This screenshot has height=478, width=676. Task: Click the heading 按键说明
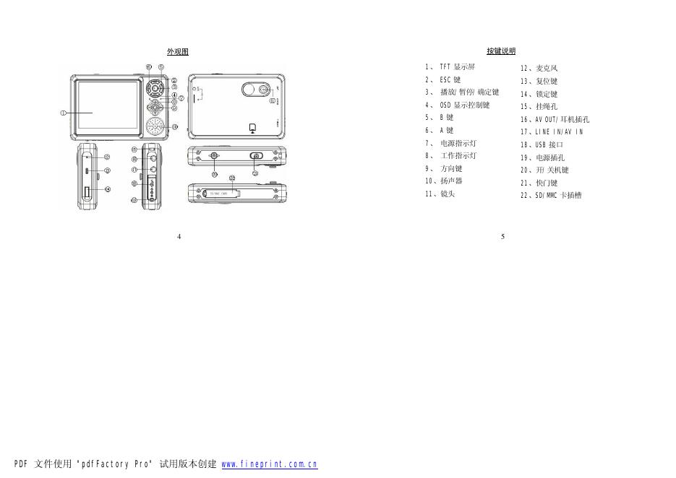(501, 51)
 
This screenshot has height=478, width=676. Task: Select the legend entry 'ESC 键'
(450, 79)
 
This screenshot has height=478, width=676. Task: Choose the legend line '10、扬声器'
(443, 181)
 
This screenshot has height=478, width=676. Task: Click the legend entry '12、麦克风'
(539, 69)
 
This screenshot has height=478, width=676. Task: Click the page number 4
(179, 236)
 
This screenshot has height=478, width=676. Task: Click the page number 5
(502, 236)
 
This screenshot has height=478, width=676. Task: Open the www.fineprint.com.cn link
(269, 464)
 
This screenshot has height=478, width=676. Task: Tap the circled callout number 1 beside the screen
(63, 112)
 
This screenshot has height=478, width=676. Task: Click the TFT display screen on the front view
(106, 105)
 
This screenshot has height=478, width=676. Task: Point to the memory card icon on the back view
(252, 128)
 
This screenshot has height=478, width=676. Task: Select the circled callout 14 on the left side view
(107, 190)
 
